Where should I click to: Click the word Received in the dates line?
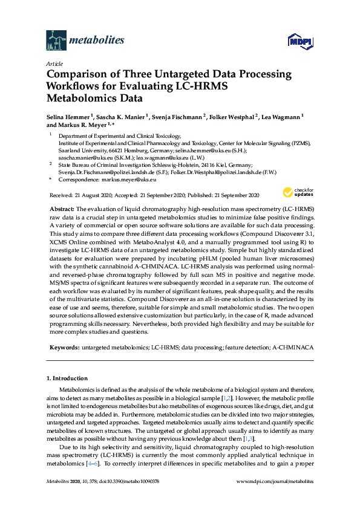pyautogui.click(x=60, y=195)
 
